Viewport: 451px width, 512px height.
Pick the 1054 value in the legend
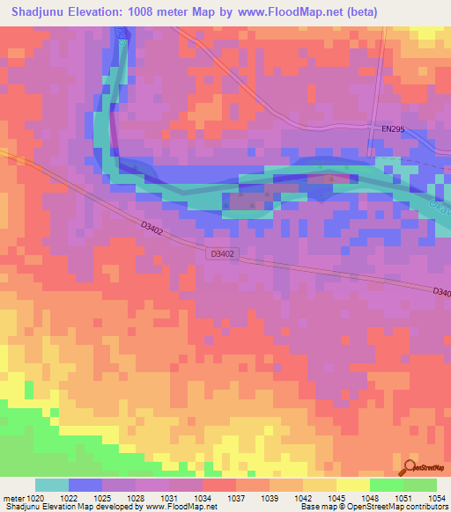point(436,498)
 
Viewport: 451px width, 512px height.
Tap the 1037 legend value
point(236,498)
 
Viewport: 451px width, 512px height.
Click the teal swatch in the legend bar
point(52,485)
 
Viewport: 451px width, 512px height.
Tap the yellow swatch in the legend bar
point(353,485)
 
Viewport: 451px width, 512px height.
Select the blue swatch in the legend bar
point(85,485)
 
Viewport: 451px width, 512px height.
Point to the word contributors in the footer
point(426,508)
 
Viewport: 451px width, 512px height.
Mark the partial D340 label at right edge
point(441,293)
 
